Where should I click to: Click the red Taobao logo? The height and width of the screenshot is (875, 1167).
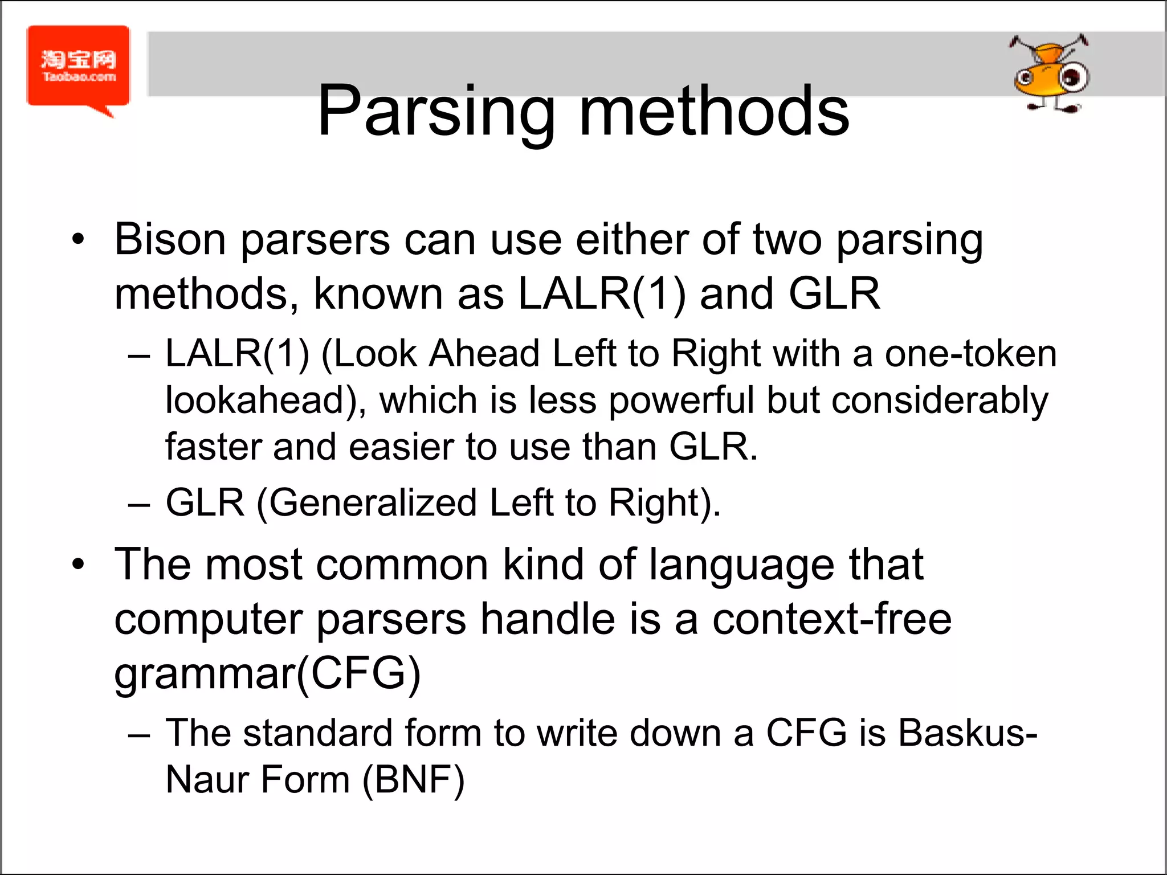(78, 67)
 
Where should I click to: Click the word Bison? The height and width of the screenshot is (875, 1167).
(170, 239)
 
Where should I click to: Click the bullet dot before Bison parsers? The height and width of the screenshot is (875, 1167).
(78, 239)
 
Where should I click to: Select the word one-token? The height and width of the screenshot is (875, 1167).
(970, 354)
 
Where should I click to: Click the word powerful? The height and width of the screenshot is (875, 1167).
(681, 400)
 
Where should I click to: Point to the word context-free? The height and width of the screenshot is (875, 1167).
(831, 620)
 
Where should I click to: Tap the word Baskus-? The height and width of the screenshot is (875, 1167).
(967, 733)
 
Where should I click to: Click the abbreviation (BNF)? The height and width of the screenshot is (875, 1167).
(414, 780)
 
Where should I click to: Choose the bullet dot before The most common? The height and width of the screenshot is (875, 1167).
(78, 565)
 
